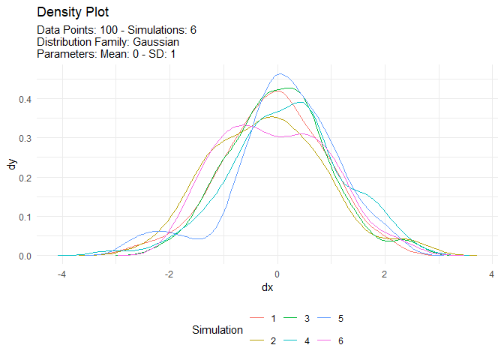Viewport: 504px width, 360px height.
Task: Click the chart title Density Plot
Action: (x=73, y=13)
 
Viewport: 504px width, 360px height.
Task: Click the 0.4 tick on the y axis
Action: (x=25, y=99)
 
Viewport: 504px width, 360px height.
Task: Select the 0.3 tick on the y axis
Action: (x=25, y=138)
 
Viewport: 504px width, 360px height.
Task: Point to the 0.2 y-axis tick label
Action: (x=25, y=178)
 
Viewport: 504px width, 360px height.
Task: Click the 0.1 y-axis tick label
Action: (x=25, y=217)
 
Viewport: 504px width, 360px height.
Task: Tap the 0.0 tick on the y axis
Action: (x=25, y=256)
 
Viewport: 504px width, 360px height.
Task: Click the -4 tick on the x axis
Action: (x=61, y=273)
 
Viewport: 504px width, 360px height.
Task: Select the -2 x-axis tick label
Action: (x=169, y=273)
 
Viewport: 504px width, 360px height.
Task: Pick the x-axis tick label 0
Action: (x=277, y=273)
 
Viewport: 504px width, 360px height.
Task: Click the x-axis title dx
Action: (x=267, y=288)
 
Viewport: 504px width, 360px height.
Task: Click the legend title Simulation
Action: (x=217, y=330)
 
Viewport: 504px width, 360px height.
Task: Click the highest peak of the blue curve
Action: (x=280, y=73)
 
